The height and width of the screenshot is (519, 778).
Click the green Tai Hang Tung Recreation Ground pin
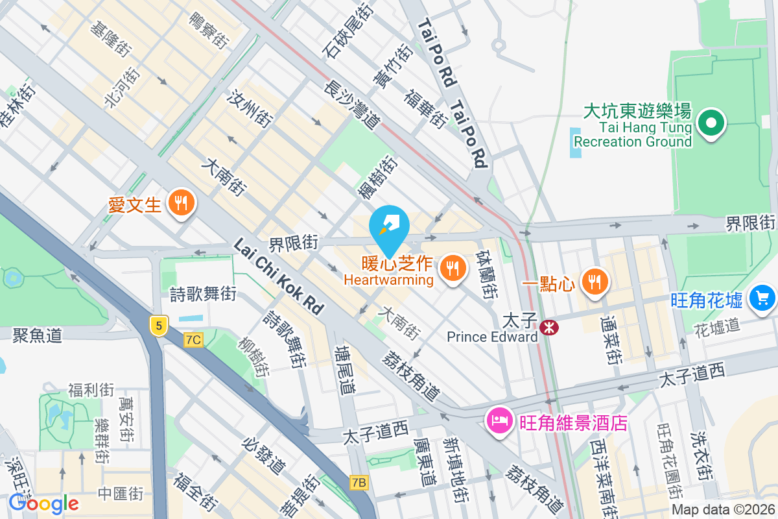tap(711, 123)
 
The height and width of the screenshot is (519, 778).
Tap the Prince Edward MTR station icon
tap(549, 328)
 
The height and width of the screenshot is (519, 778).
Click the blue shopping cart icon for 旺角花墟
tap(761, 298)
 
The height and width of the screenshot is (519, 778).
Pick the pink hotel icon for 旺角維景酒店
tap(500, 421)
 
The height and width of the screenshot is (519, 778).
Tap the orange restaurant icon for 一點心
tap(593, 282)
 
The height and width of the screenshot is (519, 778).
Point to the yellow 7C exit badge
tap(193, 339)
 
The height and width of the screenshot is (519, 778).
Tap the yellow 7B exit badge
tap(359, 482)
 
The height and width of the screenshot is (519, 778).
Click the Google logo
tap(43, 503)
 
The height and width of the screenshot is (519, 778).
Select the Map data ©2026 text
tap(723, 510)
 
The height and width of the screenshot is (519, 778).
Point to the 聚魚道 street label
tap(37, 335)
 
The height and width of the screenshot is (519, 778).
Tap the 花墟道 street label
tap(716, 326)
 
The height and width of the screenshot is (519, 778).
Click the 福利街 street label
tap(91, 390)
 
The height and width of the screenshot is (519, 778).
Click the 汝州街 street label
tap(249, 108)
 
